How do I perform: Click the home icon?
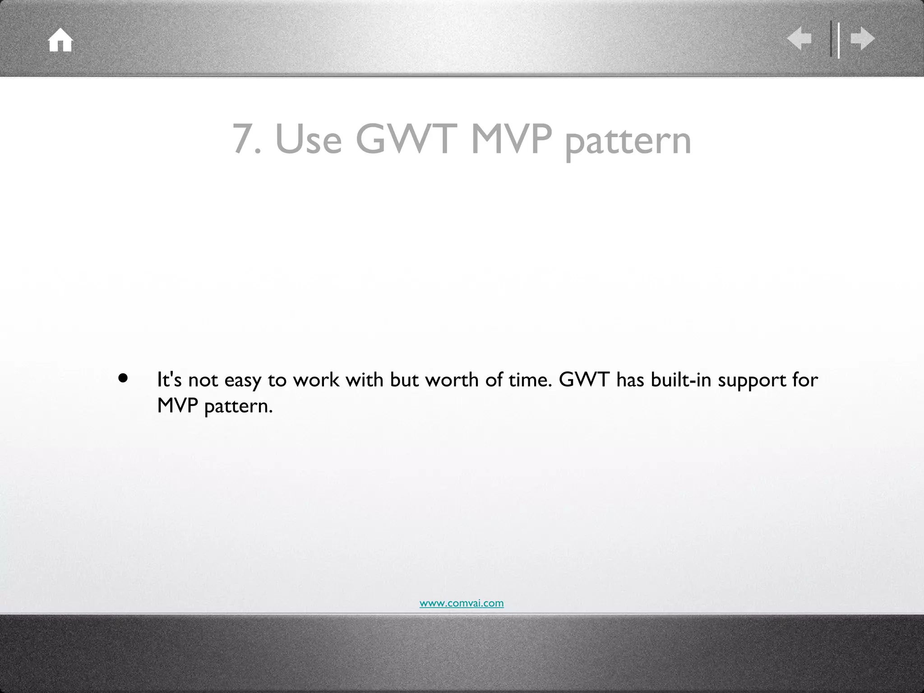(60, 41)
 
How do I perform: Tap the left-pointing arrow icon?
(799, 39)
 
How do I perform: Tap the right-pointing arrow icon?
(863, 39)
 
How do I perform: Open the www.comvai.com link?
(462, 603)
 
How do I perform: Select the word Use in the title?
(309, 139)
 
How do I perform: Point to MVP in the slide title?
(511, 139)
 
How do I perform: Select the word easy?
(243, 381)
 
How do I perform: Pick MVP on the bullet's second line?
(178, 406)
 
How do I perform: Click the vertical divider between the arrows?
(835, 39)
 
